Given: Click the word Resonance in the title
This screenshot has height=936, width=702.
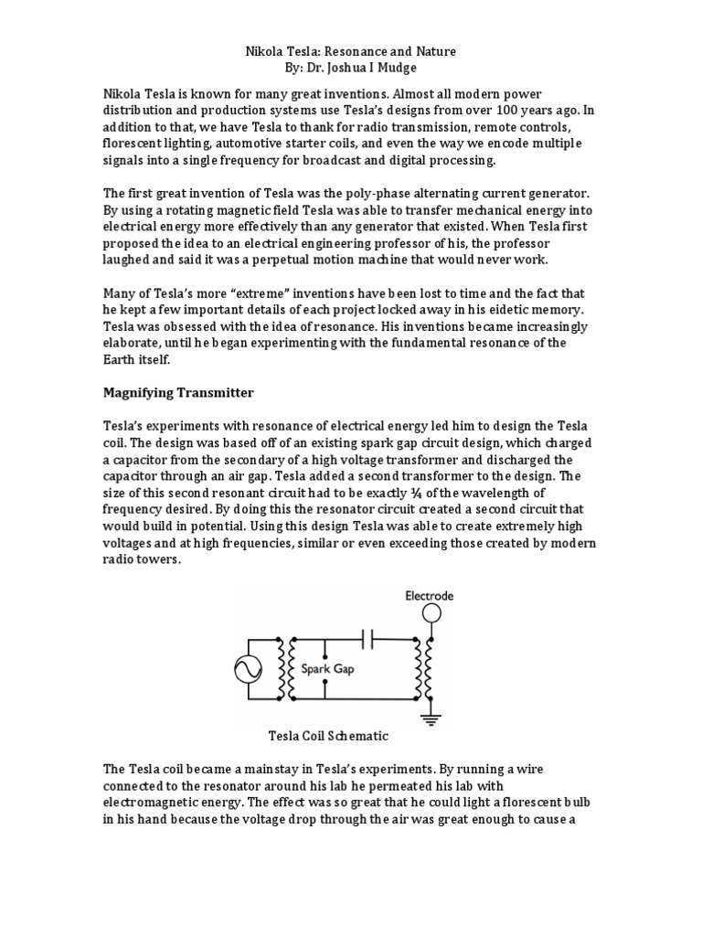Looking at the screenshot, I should [343, 52].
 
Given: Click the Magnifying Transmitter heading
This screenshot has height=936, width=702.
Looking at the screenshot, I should [178, 394].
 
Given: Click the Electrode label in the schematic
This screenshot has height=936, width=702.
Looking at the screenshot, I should [430, 596].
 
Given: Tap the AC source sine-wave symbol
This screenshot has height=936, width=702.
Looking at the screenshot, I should [249, 670].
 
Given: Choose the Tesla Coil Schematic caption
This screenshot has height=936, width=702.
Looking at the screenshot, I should [328, 736].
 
